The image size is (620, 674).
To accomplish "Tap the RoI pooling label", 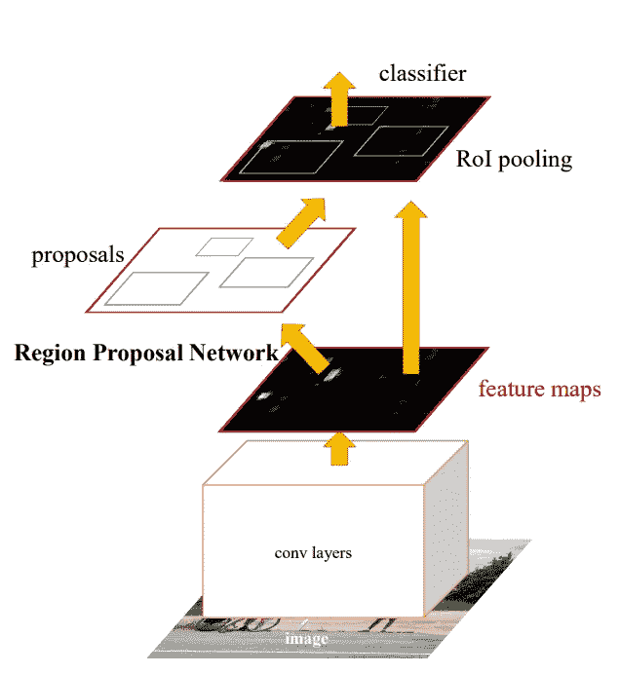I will (514, 160).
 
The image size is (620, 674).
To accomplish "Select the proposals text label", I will (78, 256).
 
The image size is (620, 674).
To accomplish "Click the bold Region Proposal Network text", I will (146, 354).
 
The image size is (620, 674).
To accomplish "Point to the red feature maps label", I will (539, 390).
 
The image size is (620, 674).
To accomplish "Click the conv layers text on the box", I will (313, 553).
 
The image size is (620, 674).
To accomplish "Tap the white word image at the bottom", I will (307, 640).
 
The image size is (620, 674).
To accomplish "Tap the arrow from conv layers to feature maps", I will (339, 447).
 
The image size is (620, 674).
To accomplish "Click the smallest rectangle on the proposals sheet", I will (224, 246).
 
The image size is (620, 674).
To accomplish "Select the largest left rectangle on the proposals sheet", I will (156, 289).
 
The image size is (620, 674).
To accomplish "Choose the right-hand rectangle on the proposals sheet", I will (266, 273).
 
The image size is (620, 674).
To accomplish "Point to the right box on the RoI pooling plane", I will (399, 141).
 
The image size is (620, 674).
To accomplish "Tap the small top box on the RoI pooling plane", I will (357, 114).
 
